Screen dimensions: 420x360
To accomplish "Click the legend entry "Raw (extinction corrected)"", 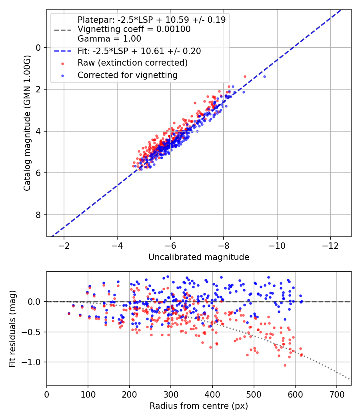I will pyautogui.click(x=132, y=63).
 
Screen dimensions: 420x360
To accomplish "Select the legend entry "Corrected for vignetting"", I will pyautogui.click(x=127, y=75).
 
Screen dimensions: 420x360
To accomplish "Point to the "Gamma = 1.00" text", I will pyautogui.click(x=109, y=39).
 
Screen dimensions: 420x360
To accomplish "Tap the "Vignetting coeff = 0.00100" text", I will pyautogui.click(x=134, y=29).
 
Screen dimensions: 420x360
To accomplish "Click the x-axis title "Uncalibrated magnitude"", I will pyautogui.click(x=199, y=257).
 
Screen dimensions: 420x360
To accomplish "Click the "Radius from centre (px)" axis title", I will pyautogui.click(x=199, y=406).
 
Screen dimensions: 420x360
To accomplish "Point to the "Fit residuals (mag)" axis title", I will pyautogui.click(x=12, y=328).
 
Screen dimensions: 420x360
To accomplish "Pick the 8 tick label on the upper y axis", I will pyautogui.click(x=38, y=215).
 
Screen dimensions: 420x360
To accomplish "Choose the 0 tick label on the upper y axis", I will pyautogui.click(x=38, y=48).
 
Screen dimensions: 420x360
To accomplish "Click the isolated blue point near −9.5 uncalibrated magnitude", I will pyautogui.click(x=264, y=76).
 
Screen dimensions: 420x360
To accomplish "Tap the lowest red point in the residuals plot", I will pyautogui.click(x=285, y=365).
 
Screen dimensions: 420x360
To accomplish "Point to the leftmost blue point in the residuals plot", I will pyautogui.click(x=69, y=314).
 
